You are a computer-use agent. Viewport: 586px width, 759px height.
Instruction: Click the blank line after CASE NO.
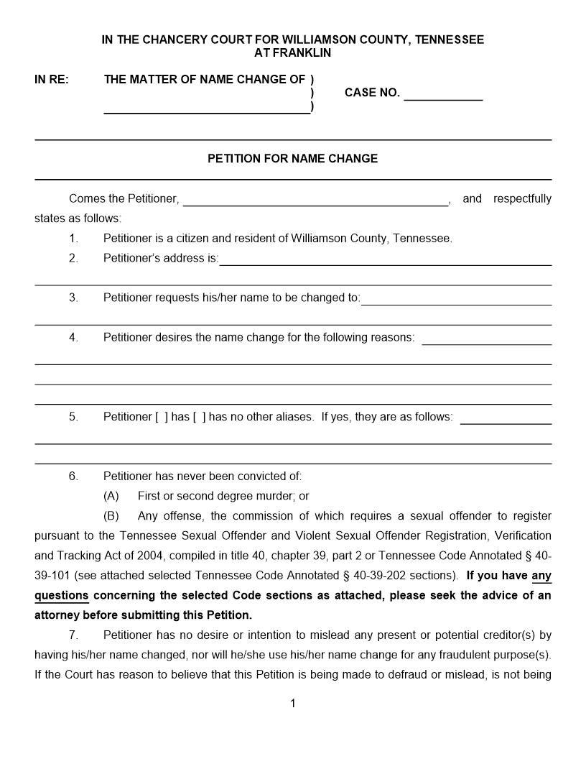click(x=443, y=96)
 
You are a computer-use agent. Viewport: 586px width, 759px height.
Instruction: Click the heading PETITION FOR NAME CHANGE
click(x=292, y=159)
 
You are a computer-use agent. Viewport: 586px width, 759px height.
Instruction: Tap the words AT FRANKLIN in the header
click(x=292, y=53)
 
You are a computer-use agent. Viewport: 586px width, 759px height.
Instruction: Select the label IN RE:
click(x=52, y=80)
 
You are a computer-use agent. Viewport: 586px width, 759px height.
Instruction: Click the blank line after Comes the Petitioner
click(x=316, y=201)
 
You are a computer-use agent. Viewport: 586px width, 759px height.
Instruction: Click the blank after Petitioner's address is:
click(x=385, y=260)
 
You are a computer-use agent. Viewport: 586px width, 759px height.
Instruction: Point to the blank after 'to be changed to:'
click(x=456, y=300)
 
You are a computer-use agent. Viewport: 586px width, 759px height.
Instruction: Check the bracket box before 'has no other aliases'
click(x=199, y=417)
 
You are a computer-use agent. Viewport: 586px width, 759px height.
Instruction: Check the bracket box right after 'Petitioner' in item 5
click(x=162, y=417)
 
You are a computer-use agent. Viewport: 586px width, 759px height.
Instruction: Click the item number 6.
click(x=73, y=476)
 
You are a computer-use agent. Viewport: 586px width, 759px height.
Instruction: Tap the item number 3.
click(x=73, y=298)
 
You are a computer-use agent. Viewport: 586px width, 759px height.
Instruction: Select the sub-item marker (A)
click(x=111, y=496)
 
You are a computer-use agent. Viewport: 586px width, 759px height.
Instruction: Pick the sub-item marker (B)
click(x=111, y=516)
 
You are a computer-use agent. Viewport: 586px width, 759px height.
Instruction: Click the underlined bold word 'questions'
click(x=62, y=595)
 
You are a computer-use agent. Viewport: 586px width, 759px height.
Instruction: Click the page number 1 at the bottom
click(x=293, y=704)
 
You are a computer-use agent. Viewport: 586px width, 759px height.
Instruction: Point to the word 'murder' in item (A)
click(x=272, y=496)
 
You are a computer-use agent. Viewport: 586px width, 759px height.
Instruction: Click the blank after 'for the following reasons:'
click(x=486, y=339)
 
